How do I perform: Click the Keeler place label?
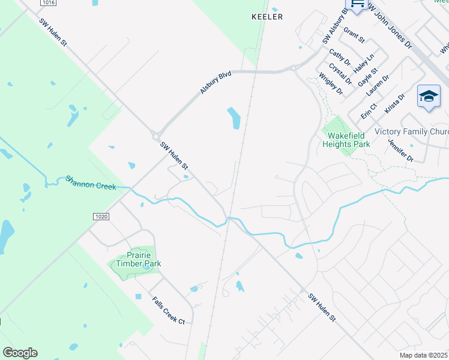coord(267,17)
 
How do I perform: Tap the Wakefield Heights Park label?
coord(346,139)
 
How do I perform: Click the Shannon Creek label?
coord(90,182)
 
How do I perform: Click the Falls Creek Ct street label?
coord(168,310)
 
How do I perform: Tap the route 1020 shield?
coord(101,215)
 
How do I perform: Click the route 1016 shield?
coord(50,3)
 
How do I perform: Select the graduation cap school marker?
coord(429,97)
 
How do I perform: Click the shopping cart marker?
coord(357,5)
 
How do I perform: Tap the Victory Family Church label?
coord(411,131)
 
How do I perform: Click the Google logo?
coord(20,352)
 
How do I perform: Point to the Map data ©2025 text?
coord(424,355)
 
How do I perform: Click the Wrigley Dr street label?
coord(331,84)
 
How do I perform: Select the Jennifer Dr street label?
coord(400,151)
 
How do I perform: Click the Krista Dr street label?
coord(394,103)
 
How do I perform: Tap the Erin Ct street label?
coord(368,110)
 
